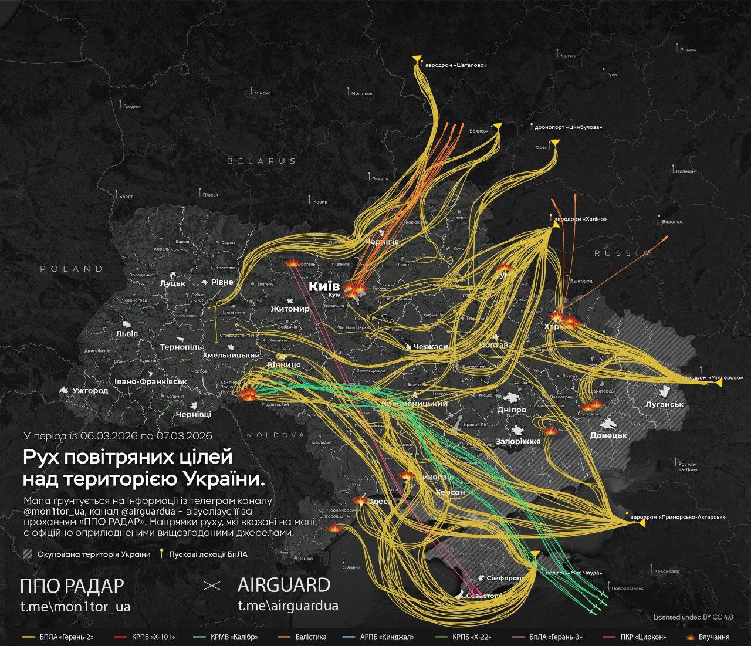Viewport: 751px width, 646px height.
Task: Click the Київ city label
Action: click(x=324, y=287)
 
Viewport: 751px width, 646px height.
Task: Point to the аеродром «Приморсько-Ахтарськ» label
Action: click(x=677, y=518)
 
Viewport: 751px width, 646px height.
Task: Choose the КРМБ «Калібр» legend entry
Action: click(x=234, y=637)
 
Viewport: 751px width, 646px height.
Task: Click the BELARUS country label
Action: click(x=262, y=161)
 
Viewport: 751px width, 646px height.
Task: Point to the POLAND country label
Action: click(x=72, y=269)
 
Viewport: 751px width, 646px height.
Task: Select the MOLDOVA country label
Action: click(x=276, y=435)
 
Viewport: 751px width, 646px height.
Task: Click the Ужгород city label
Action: click(x=90, y=390)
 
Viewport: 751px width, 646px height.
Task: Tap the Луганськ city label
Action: click(x=664, y=404)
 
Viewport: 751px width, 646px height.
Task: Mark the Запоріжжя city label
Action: click(x=517, y=441)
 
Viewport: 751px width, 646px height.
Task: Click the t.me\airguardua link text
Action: click(x=287, y=606)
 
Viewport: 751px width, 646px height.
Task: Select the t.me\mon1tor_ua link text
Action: click(x=75, y=606)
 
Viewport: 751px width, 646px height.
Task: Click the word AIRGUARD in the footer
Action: click(x=284, y=585)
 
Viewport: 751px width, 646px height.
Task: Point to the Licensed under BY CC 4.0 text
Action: click(x=693, y=617)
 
